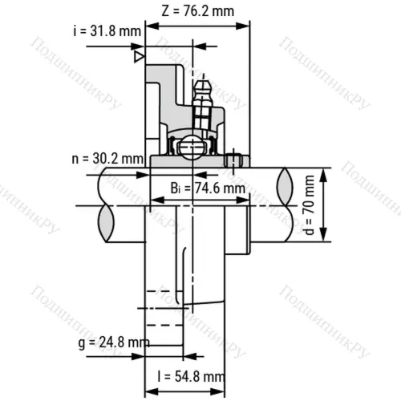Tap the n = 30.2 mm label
(112, 157)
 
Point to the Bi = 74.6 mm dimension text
(208, 188)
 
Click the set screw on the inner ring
(234, 159)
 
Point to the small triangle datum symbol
(139, 58)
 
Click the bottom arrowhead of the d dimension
(323, 238)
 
